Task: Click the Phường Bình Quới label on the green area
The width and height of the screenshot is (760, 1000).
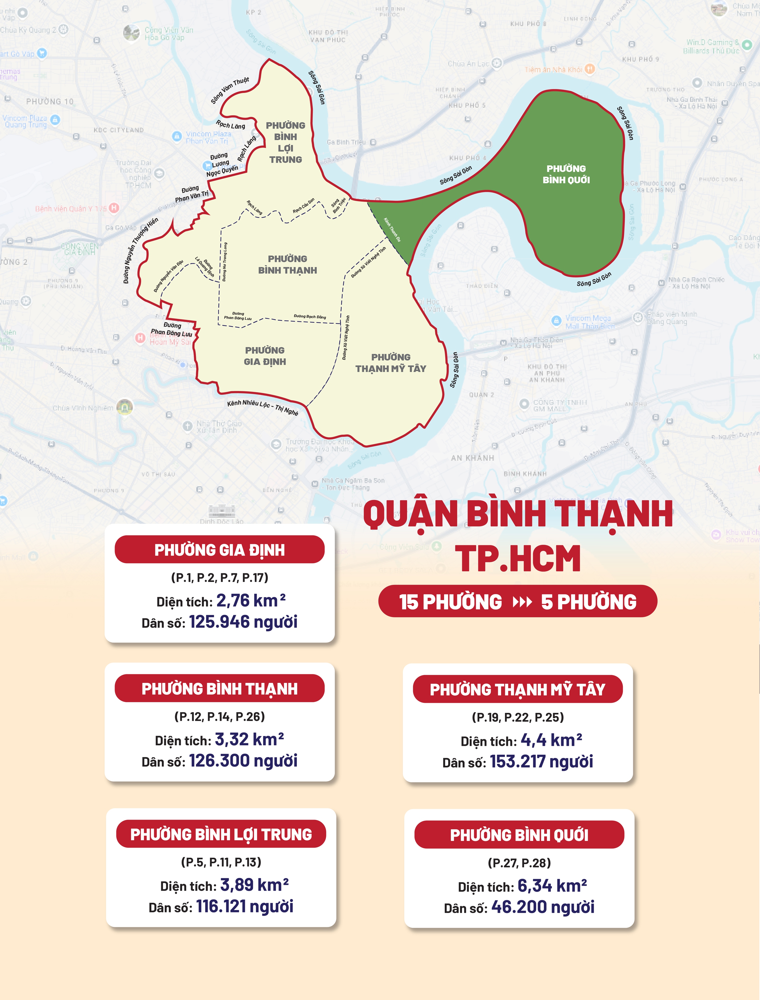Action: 566,174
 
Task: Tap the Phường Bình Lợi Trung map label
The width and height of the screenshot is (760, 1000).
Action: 286,142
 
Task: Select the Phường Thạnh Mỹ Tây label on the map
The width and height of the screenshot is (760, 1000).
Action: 391,363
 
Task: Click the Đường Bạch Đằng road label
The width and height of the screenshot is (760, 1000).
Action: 310,317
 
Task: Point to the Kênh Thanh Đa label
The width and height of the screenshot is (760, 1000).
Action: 392,230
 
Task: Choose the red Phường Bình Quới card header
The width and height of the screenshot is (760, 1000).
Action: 519,835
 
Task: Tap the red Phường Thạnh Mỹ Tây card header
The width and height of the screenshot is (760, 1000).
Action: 517,689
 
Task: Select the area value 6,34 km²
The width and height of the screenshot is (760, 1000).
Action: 552,885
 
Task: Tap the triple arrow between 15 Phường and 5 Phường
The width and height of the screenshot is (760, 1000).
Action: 522,602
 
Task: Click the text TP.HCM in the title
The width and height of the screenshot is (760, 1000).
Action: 517,559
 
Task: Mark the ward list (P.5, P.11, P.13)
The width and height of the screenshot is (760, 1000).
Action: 221,862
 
